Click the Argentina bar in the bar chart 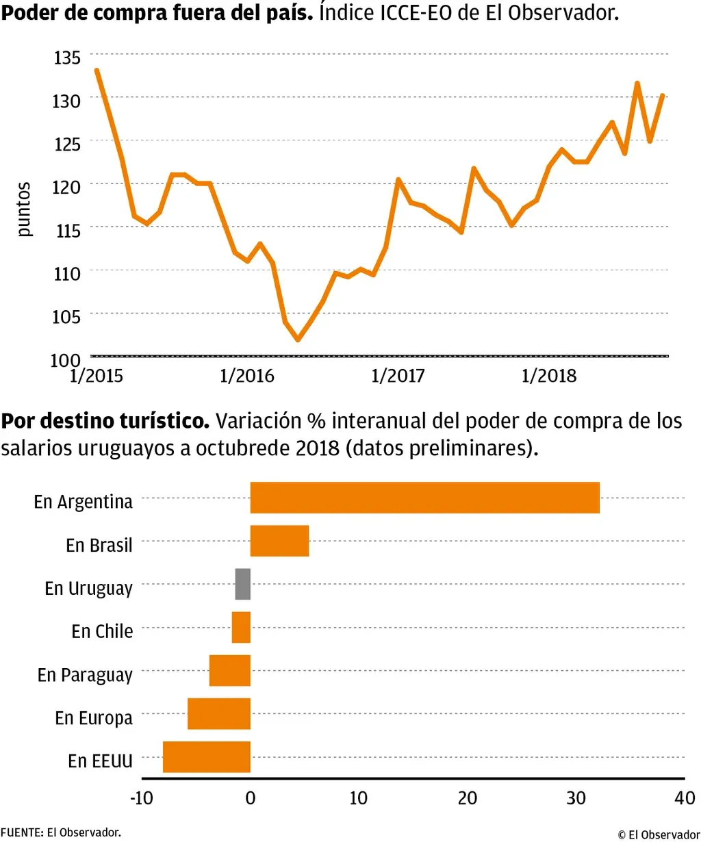pos(424,498)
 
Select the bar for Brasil pos(279,541)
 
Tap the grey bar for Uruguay pos(243,584)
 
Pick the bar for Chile pos(241,627)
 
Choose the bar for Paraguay pos(230,670)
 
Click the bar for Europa pos(219,713)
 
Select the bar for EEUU pos(207,756)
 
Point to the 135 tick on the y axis pos(67,58)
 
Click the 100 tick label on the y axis pos(66,359)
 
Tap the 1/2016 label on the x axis pos(246,376)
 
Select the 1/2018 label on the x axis pos(549,376)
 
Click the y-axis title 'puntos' pos(24,209)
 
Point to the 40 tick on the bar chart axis pos(685,798)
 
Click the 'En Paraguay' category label pos(85,675)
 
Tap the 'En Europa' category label pos(94,718)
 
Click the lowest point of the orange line pos(297,340)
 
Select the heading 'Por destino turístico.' pos(105,420)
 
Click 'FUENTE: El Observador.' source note pos(61,832)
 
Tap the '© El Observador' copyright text pos(659,834)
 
